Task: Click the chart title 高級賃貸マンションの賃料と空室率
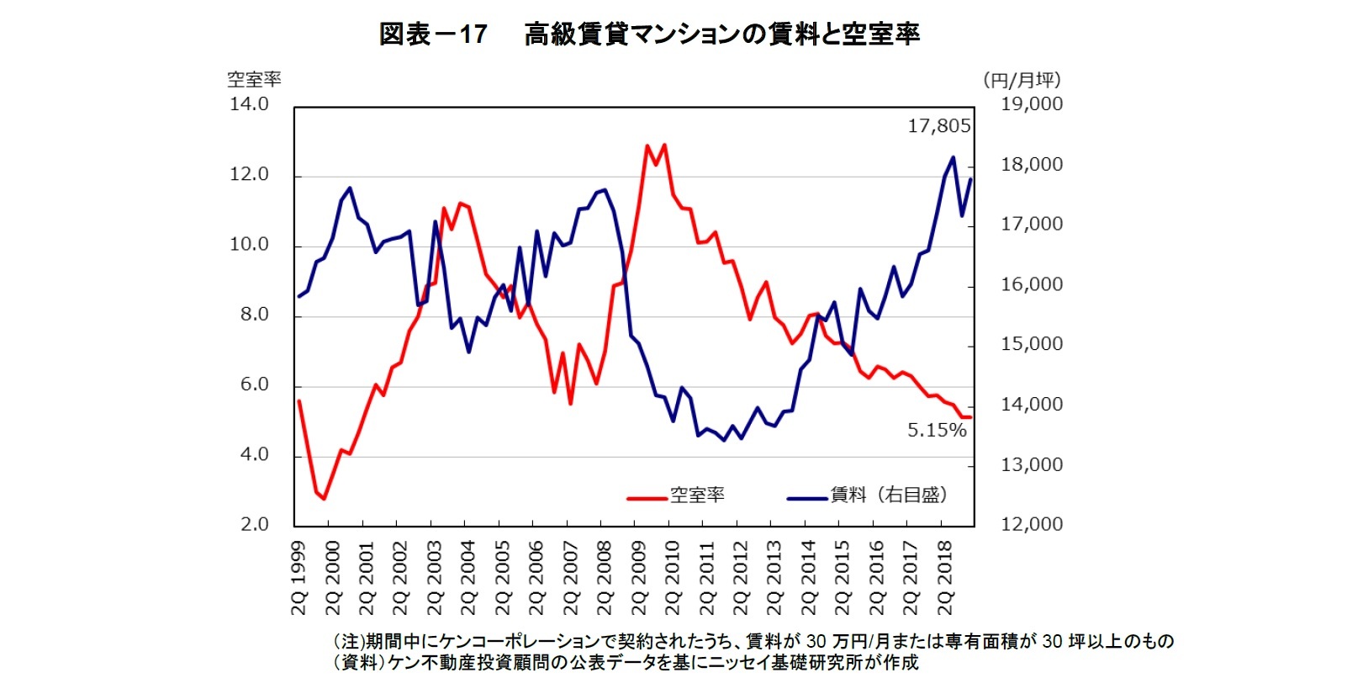click(721, 34)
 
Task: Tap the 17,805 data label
click(938, 126)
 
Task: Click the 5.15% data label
click(936, 431)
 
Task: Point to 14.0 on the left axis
click(249, 104)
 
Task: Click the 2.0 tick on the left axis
click(254, 524)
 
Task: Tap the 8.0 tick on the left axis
click(254, 315)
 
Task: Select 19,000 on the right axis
click(1031, 104)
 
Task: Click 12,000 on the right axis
click(1031, 524)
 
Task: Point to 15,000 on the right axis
click(1031, 344)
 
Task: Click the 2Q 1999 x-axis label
click(299, 578)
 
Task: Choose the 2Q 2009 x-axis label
click(639, 578)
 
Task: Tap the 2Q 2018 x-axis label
click(945, 578)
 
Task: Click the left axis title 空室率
click(254, 80)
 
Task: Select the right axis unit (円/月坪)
click(1022, 80)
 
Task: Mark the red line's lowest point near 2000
click(324, 499)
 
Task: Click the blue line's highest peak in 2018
click(953, 157)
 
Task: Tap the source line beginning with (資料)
click(626, 663)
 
